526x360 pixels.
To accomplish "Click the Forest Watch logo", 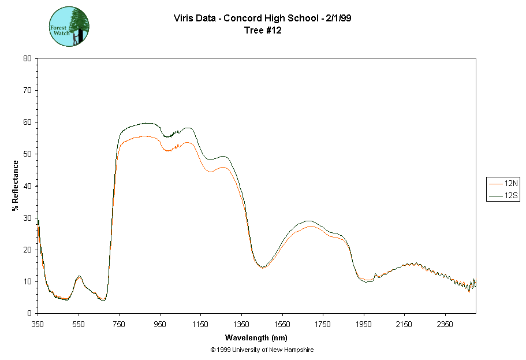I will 69,27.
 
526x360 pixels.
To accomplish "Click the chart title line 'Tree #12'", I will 263,31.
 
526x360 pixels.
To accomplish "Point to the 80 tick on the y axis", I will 27,58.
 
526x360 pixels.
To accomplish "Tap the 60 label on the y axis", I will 27,122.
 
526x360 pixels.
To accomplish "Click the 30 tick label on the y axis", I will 27,218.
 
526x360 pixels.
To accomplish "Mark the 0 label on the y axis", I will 29,313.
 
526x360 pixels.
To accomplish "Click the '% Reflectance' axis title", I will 16,185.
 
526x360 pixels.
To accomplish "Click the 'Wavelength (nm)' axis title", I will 256,337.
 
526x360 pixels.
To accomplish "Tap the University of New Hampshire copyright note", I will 262,350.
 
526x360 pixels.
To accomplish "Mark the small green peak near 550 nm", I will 79,276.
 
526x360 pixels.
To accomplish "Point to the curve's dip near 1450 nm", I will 262,267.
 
